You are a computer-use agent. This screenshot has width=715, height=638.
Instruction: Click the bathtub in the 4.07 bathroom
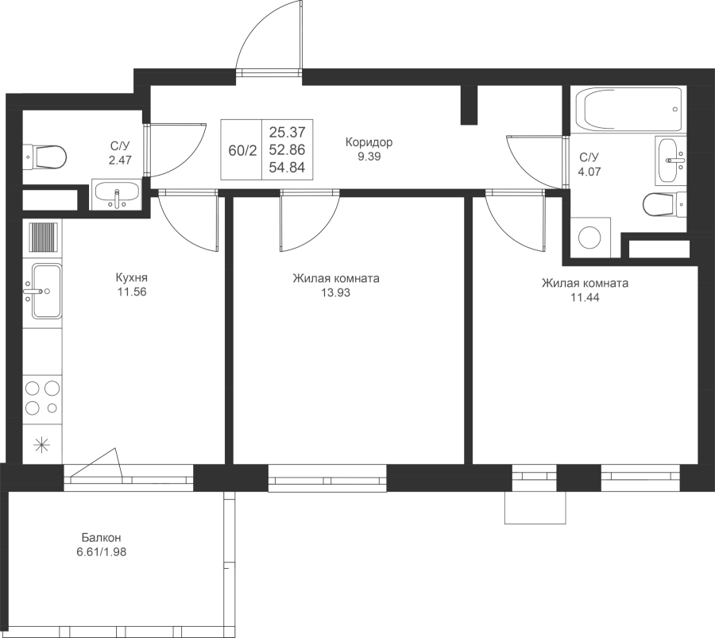[629, 109]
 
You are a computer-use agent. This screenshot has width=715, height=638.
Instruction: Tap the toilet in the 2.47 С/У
[44, 157]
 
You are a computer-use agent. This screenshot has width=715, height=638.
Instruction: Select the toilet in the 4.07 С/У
[665, 205]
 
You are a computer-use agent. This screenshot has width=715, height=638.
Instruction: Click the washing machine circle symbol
[590, 237]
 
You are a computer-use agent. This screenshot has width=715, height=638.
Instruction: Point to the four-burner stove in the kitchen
[42, 398]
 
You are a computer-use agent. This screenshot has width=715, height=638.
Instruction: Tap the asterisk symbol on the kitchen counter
[42, 445]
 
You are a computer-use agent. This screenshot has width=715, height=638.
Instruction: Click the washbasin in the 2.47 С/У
[116, 194]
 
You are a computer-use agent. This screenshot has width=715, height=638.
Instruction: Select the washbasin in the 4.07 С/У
[671, 160]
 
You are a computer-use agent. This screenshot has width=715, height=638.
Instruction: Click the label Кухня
[132, 277]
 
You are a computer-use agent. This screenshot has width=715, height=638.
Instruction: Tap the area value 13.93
[335, 292]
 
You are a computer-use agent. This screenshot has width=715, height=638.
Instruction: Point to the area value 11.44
[585, 298]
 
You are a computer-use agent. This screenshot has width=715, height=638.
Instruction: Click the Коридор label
[369, 142]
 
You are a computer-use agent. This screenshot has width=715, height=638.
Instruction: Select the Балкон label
[102, 538]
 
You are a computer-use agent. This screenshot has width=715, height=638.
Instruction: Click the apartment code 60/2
[242, 150]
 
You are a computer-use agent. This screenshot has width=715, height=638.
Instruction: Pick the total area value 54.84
[287, 168]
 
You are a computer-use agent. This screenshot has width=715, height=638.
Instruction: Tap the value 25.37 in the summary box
[287, 133]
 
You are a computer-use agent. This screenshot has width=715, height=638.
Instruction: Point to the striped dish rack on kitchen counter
[44, 237]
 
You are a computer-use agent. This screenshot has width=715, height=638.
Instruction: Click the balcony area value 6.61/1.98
[101, 552]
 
